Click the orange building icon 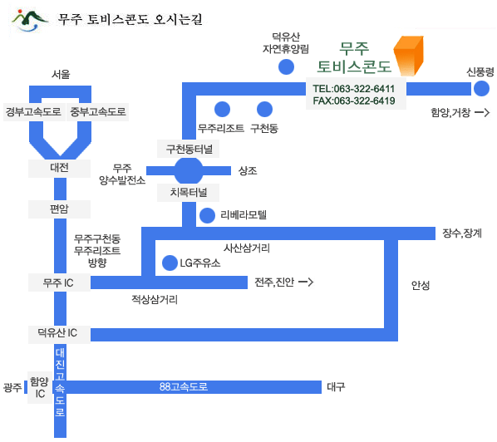click(409, 56)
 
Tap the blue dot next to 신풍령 click(481, 88)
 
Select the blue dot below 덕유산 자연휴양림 click(286, 66)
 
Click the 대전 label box click(59, 169)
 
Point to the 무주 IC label click(59, 282)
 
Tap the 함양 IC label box click(40, 387)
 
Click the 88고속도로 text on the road click(184, 387)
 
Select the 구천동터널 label click(189, 149)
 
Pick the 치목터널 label click(189, 192)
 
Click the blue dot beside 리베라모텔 click(207, 215)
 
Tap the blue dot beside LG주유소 click(170, 263)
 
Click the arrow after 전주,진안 click(306, 282)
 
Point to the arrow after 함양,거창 click(482, 112)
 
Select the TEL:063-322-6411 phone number click(354, 89)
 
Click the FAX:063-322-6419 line click(354, 101)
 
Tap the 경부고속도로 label click(34, 112)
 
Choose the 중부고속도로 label click(97, 112)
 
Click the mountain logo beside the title click(29, 21)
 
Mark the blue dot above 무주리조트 click(222, 110)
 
